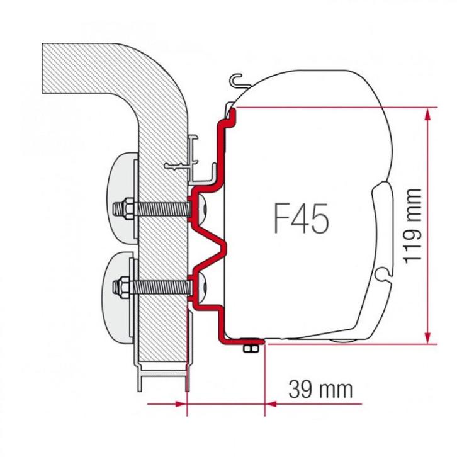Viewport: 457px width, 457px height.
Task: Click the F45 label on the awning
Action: point(300,220)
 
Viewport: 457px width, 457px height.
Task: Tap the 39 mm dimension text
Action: point(320,388)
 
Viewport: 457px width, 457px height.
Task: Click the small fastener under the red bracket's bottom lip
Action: point(253,348)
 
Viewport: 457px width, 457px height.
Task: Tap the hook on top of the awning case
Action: point(235,80)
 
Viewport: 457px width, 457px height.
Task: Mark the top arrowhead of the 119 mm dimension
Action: point(428,113)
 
